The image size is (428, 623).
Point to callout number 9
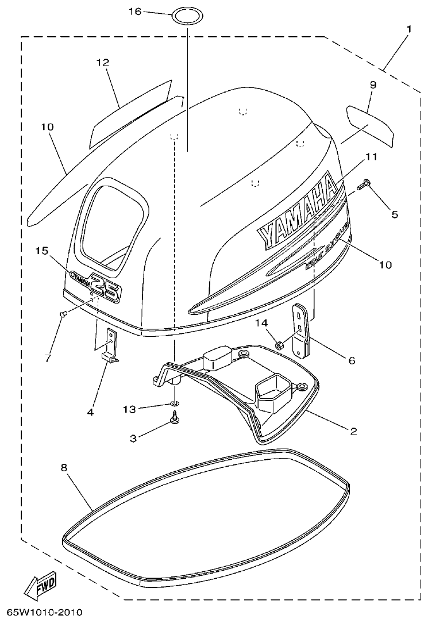pos(372,84)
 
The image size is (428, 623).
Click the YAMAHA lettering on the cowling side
pos(298,211)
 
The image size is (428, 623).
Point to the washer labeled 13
pos(173,405)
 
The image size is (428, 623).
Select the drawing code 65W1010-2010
pos(45,613)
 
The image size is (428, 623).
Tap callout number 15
pos(41,251)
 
